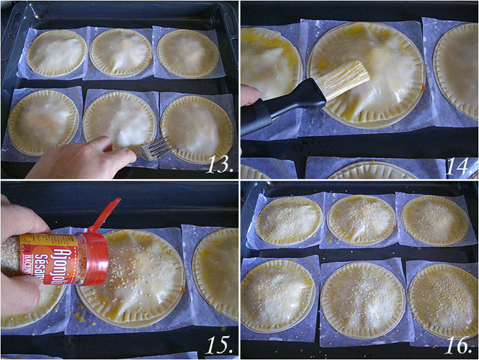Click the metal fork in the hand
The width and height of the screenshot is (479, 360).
156,148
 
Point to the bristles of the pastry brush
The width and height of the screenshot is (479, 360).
345,80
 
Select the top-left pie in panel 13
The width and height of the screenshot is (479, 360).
56,52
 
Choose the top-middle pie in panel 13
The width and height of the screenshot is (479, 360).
120,52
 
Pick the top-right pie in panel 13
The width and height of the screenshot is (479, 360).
188,52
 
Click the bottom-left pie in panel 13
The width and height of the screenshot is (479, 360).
43,122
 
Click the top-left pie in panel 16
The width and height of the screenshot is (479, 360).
289,220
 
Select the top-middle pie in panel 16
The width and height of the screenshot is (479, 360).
361,219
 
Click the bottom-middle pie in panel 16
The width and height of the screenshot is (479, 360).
362,300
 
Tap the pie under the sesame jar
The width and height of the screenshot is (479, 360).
135,281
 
